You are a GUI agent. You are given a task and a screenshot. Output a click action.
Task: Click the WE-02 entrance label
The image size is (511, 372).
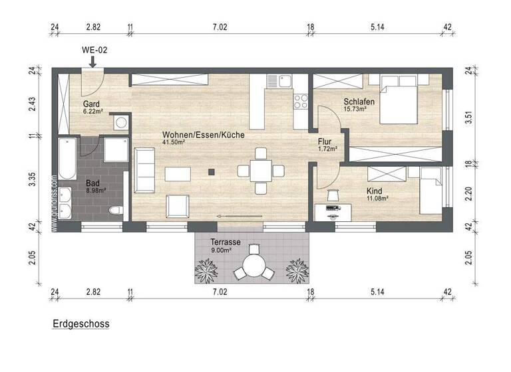pyautogui.click(x=93, y=50)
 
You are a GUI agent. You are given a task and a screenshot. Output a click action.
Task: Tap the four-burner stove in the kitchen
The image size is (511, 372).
pyautogui.click(x=301, y=101)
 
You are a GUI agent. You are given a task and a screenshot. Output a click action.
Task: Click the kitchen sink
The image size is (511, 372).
pyautogui.click(x=275, y=81)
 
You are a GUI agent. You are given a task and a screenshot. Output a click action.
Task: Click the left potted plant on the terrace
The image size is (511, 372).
pyautogui.click(x=208, y=269)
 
